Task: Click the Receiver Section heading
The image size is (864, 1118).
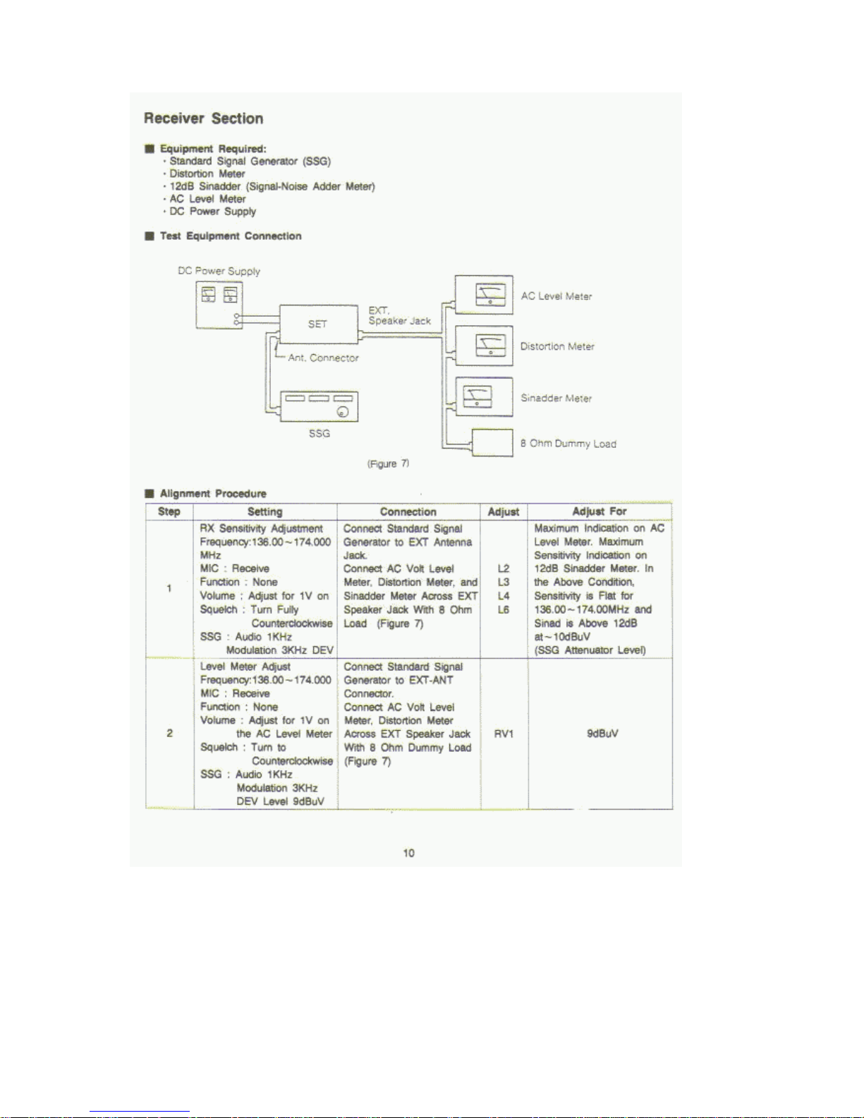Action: coord(203,119)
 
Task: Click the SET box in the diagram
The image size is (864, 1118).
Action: coord(318,324)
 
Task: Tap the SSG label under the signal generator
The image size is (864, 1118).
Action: coord(320,433)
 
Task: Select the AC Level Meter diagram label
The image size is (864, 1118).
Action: coord(556,296)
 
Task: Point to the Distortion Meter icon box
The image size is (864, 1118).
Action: coord(484,346)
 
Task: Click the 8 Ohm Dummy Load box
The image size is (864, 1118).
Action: coord(492,443)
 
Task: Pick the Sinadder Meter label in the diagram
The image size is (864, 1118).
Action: coord(556,398)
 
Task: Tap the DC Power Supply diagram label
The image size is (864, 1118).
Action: coord(219,271)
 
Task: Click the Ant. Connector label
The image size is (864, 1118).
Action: coord(323,358)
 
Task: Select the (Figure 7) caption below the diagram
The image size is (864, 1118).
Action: coord(388,463)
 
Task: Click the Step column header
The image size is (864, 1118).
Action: coord(169,511)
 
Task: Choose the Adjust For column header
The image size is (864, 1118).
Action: coord(600,511)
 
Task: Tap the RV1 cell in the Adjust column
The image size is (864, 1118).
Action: coord(504,734)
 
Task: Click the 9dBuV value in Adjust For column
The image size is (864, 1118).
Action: coord(602,734)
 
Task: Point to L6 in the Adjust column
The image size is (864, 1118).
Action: coord(504,609)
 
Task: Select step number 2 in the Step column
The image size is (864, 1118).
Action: coord(169,734)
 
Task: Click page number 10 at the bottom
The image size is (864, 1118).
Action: coord(409,853)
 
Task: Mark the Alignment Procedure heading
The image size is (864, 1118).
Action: coord(213,493)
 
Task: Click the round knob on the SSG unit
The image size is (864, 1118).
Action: coord(343,413)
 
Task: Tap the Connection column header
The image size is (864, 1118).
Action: coord(408,511)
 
